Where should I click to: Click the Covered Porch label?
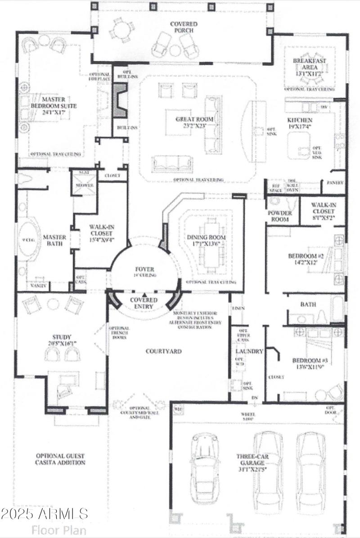[x=182, y=27]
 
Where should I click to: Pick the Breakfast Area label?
[x=309, y=64]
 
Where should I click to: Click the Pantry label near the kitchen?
[x=335, y=183]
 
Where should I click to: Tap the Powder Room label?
[x=279, y=216]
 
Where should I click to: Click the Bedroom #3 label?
[x=309, y=364]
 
